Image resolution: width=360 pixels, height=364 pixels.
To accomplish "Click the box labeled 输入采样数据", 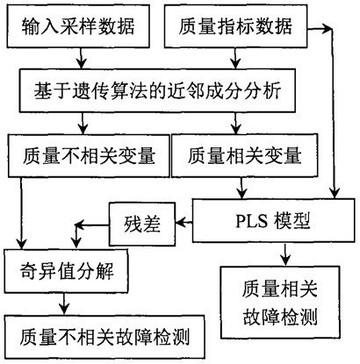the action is coord(78,25).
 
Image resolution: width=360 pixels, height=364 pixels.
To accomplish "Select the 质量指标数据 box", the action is coord(235,25).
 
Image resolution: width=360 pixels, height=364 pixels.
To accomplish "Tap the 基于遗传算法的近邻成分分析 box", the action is coord(157,90).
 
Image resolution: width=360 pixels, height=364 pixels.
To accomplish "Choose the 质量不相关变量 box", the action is coord(89,155).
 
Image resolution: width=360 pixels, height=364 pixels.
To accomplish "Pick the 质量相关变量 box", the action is coord(245,155).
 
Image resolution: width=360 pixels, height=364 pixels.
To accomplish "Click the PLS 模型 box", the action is coord(273,220).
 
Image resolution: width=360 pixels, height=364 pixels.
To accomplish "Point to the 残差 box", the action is coord(142,224).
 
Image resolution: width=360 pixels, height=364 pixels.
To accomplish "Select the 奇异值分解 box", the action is coord(66,271).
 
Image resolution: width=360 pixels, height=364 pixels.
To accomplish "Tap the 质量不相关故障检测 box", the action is coord(104,337).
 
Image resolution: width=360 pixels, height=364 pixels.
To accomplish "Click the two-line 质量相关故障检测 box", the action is coord(280,303).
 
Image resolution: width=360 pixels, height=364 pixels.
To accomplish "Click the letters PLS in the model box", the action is coord(252,221).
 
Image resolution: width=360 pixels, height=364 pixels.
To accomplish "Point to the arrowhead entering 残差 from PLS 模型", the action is coord(180,223).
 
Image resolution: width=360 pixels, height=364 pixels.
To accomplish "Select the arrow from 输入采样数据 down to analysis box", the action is coord(82,58).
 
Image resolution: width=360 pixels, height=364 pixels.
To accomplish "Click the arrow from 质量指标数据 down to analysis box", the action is coord(235,58).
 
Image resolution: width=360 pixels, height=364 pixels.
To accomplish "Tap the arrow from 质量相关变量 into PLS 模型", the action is coord(241,188).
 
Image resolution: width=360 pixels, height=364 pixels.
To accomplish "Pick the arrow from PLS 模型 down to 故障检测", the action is coord(285,254).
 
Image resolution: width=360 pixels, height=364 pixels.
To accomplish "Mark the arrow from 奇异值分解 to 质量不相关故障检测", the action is coord(64,303).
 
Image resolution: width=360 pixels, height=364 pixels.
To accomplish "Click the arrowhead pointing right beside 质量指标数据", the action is coord(328,29).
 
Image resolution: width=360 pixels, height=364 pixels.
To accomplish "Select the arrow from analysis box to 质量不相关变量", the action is coord(83,123).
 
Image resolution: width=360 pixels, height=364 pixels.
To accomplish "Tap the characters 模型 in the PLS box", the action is coord(292,221).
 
